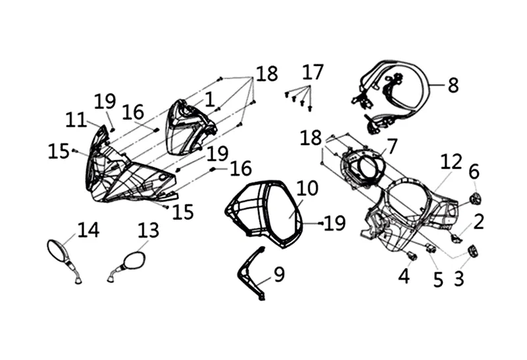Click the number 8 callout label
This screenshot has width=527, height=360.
(453, 86)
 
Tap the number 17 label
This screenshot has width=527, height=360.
(313, 72)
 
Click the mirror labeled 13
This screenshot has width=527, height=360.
(134, 260)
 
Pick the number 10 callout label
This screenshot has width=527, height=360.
(306, 189)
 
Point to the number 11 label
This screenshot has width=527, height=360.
(76, 120)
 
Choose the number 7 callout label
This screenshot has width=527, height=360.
(393, 145)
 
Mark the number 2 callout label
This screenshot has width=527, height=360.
(478, 222)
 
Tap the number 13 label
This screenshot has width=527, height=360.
(148, 230)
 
